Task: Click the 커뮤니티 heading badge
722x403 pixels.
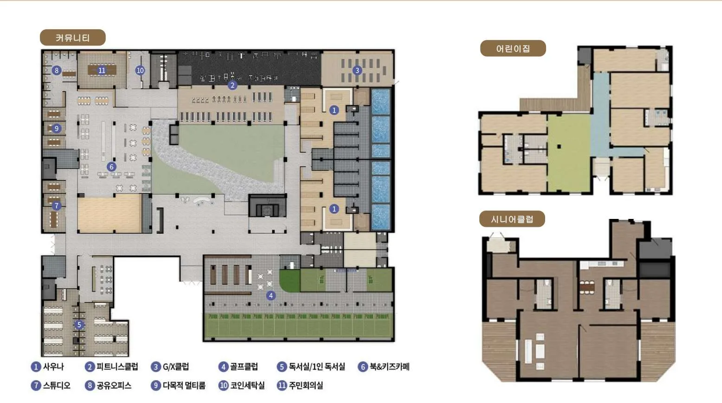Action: click(x=72, y=38)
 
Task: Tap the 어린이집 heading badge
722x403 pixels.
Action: click(x=513, y=48)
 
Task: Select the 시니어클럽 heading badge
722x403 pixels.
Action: click(x=512, y=219)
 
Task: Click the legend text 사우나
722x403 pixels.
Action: click(x=53, y=367)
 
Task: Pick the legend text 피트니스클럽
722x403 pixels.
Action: click(x=117, y=367)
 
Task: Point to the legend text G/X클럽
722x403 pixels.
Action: click(x=176, y=367)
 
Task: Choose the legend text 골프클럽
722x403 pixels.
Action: click(x=244, y=367)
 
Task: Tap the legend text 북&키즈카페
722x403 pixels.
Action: click(x=390, y=367)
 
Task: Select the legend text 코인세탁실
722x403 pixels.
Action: click(x=247, y=385)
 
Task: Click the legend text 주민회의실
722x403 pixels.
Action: click(x=306, y=385)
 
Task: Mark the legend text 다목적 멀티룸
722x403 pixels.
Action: click(x=184, y=385)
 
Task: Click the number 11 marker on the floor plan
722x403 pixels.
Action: click(x=102, y=70)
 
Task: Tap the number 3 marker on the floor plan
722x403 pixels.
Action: click(x=357, y=70)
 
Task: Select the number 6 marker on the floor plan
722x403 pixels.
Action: click(x=111, y=167)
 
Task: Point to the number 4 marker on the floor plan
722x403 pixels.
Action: click(x=271, y=296)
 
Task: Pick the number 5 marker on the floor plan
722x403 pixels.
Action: click(x=79, y=324)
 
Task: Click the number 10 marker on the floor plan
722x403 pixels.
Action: click(x=140, y=70)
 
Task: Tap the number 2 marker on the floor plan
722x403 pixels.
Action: click(x=233, y=85)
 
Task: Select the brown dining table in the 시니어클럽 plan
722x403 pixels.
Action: click(x=587, y=287)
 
